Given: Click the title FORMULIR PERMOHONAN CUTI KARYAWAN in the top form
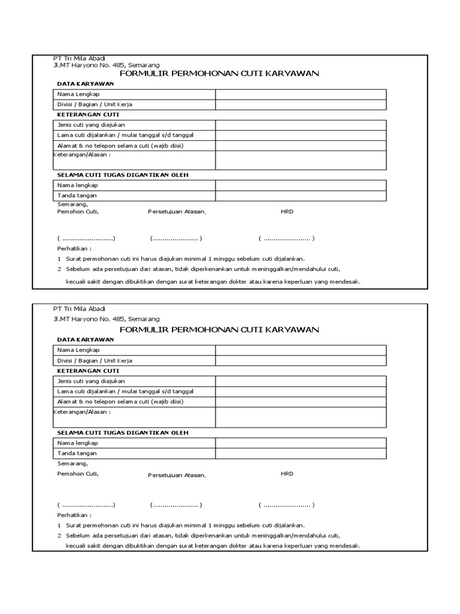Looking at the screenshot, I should [219, 74].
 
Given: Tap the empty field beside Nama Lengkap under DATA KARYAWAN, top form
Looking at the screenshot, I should [301, 95].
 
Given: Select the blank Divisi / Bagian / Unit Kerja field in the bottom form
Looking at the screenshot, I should [301, 360].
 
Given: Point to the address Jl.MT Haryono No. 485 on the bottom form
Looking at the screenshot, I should [107, 319].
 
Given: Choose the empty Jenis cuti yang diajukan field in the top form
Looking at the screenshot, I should [301, 125].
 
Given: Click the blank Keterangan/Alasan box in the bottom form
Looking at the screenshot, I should [301, 417].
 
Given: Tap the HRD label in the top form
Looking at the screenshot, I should [287, 212].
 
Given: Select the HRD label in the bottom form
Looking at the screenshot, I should [287, 474].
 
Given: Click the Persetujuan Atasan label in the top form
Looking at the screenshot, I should [177, 212].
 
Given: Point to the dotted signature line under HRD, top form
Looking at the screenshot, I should [286, 239].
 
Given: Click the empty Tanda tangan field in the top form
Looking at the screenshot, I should [301, 195].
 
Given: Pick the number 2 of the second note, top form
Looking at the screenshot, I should [59, 269].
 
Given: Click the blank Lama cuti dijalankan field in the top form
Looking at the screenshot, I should [301, 135].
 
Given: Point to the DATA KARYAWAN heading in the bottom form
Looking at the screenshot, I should [85, 339].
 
